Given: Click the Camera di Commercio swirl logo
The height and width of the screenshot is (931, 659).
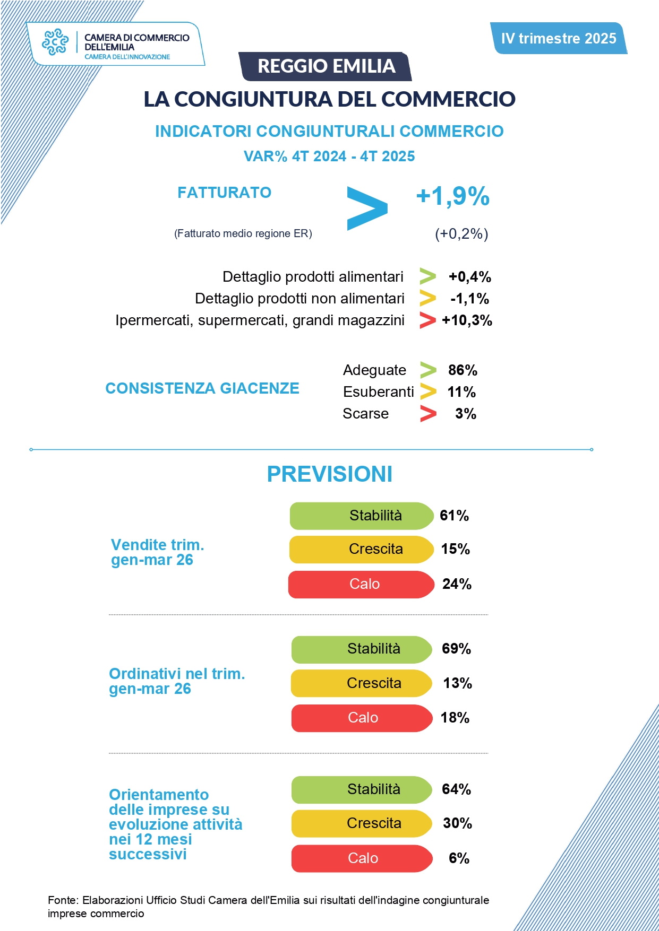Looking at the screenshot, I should click(x=55, y=42).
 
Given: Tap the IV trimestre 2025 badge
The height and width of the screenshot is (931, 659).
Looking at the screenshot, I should click(x=559, y=38).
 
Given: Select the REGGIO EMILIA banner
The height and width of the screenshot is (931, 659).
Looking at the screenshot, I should click(x=326, y=66).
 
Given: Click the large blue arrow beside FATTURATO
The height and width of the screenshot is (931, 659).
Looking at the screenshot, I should click(x=367, y=208).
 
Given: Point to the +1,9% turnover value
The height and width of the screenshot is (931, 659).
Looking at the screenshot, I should click(x=452, y=196).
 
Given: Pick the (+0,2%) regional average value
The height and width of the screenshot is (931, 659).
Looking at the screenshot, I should click(x=461, y=233).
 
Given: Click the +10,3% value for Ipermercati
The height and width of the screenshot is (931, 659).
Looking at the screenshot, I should click(x=467, y=320).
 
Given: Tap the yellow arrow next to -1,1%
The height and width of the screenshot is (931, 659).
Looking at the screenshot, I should click(x=427, y=299).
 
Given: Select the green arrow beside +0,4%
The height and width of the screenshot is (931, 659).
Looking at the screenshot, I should click(x=427, y=276).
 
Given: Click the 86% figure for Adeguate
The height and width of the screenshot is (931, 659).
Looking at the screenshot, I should click(x=463, y=370).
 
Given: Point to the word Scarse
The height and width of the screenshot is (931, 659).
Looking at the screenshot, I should click(x=365, y=414).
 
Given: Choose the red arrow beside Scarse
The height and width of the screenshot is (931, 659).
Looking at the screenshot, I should click(x=428, y=414).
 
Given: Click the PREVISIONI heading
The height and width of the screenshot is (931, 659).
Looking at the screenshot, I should click(x=329, y=474).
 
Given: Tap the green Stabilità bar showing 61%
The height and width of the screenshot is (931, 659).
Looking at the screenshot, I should click(x=361, y=516).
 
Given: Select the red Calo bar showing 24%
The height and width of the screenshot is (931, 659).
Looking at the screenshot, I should click(x=361, y=584).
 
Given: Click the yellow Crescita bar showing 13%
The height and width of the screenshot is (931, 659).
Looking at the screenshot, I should click(x=361, y=683).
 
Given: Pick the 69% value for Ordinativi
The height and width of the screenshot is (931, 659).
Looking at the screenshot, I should click(x=456, y=649).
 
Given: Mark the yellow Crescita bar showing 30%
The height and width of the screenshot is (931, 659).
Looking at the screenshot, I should click(x=361, y=823).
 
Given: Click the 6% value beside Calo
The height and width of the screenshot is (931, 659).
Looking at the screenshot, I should click(x=459, y=858).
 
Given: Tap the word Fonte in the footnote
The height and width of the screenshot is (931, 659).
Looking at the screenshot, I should click(x=62, y=900).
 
